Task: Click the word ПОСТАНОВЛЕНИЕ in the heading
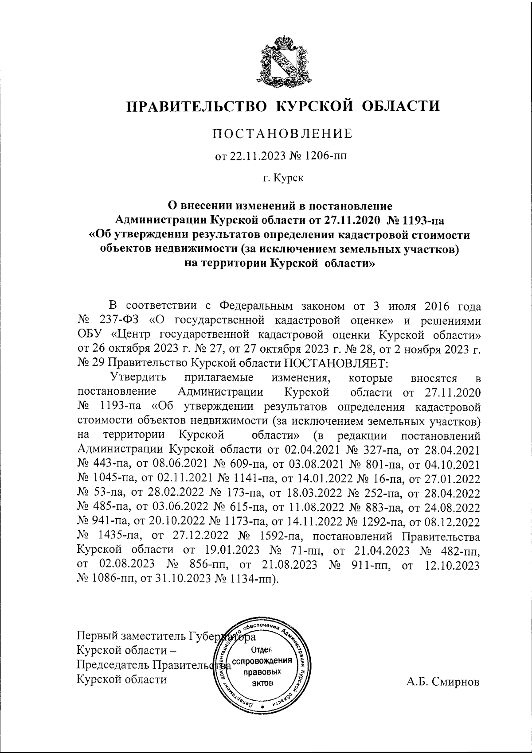tap(283, 134)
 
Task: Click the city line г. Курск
tap(283, 179)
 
